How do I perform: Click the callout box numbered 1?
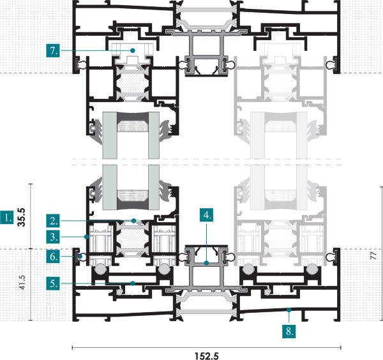click(7, 218)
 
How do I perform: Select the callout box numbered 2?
click(53, 221)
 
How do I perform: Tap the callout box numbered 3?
click(53, 237)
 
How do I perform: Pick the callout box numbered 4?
click(206, 215)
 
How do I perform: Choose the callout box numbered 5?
click(53, 283)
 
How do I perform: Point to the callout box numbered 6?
click(53, 257)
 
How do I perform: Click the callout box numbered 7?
click(53, 50)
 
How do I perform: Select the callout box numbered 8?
click(289, 331)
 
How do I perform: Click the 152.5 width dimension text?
click(207, 356)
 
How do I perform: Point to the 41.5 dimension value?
click(22, 283)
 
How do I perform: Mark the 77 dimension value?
click(373, 256)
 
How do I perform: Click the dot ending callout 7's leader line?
click(133, 50)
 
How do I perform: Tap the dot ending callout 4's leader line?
click(206, 263)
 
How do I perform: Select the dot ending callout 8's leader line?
click(289, 310)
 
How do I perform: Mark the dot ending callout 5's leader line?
click(133, 283)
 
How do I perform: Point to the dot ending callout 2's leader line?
click(133, 221)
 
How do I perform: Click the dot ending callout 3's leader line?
click(86, 237)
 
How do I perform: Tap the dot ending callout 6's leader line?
click(80, 257)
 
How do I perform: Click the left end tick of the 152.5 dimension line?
click(73, 347)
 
